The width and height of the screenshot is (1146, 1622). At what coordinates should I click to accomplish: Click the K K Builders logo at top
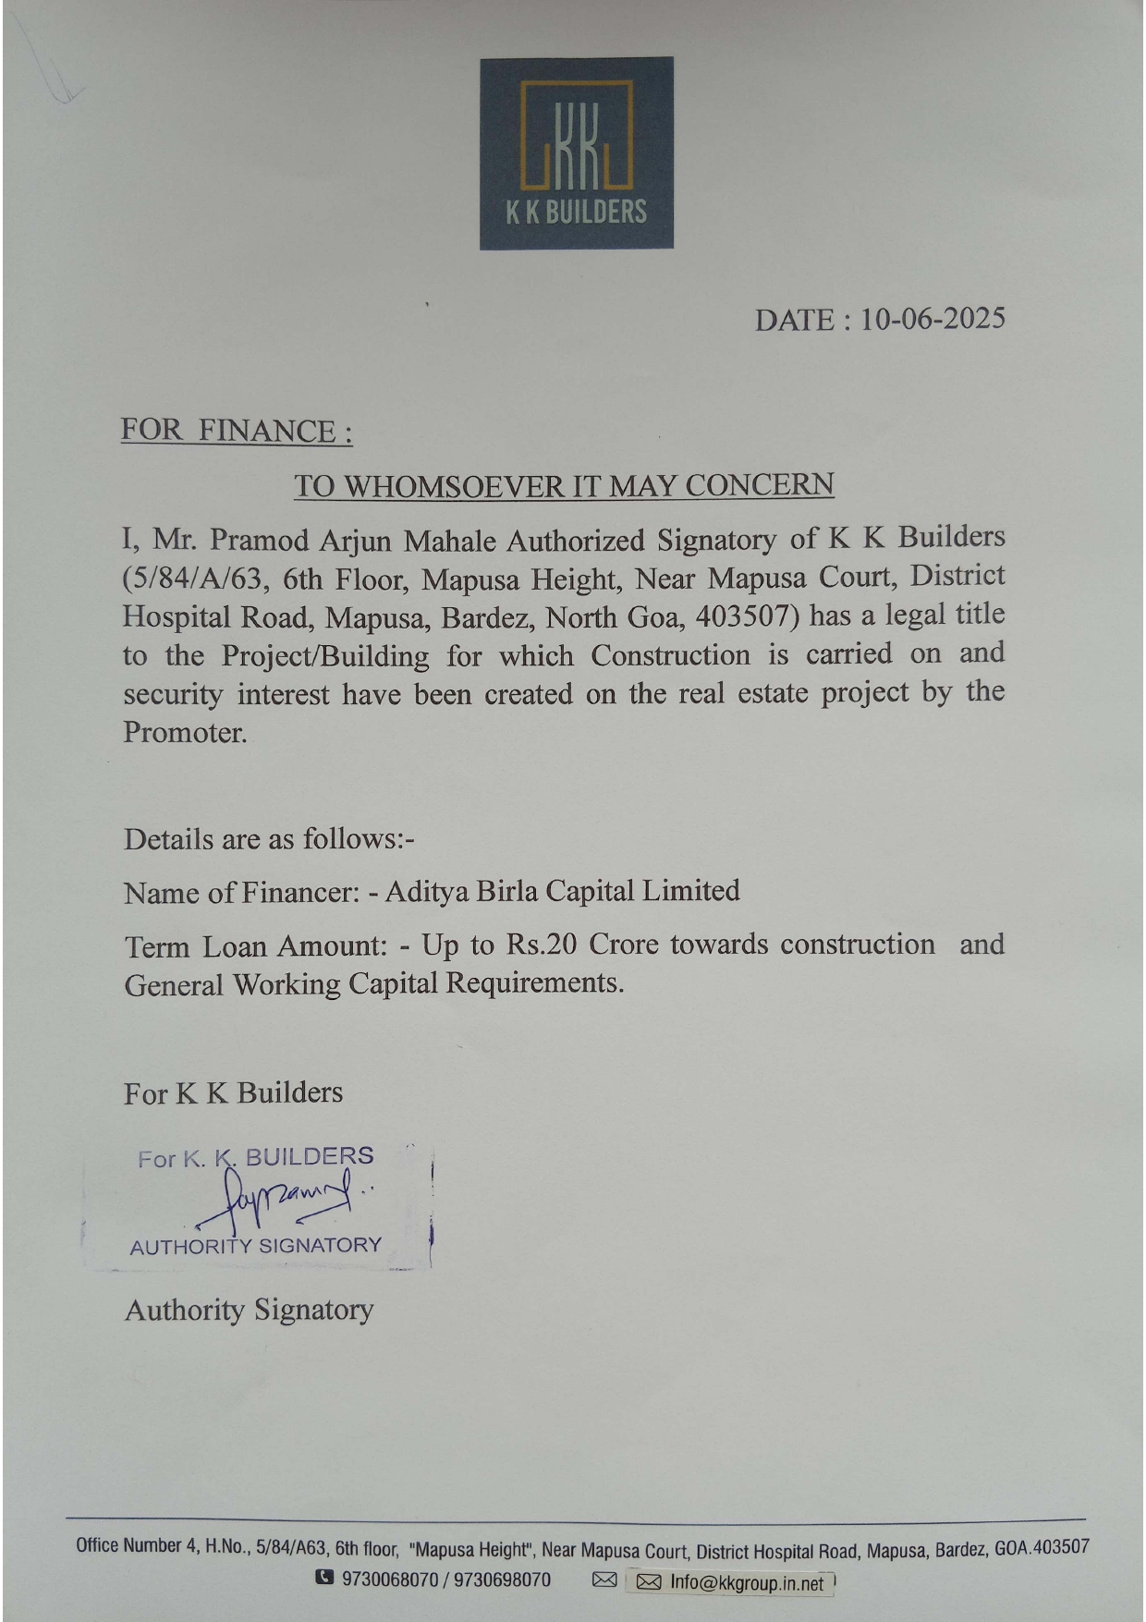(576, 153)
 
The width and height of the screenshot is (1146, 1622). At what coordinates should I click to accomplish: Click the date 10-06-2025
(933, 320)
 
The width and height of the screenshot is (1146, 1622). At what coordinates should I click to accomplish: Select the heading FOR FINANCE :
(237, 432)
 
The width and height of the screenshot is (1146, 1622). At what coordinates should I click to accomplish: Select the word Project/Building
(325, 656)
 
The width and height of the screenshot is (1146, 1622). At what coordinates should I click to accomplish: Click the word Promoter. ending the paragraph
(185, 733)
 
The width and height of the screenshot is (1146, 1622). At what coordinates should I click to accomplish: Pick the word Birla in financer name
(506, 891)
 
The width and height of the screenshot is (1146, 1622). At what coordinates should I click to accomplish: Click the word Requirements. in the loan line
(534, 983)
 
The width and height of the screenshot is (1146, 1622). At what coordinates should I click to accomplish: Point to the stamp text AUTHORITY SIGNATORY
(256, 1246)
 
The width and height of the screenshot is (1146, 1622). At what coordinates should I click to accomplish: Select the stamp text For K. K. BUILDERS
(256, 1157)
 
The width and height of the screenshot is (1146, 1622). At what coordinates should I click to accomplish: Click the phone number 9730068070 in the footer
(390, 1579)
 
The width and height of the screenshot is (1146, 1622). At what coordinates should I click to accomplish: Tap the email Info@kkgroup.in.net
(746, 1582)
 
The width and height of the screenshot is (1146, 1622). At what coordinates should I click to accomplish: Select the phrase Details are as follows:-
(269, 839)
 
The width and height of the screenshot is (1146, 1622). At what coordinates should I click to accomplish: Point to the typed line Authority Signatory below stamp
(250, 1311)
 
